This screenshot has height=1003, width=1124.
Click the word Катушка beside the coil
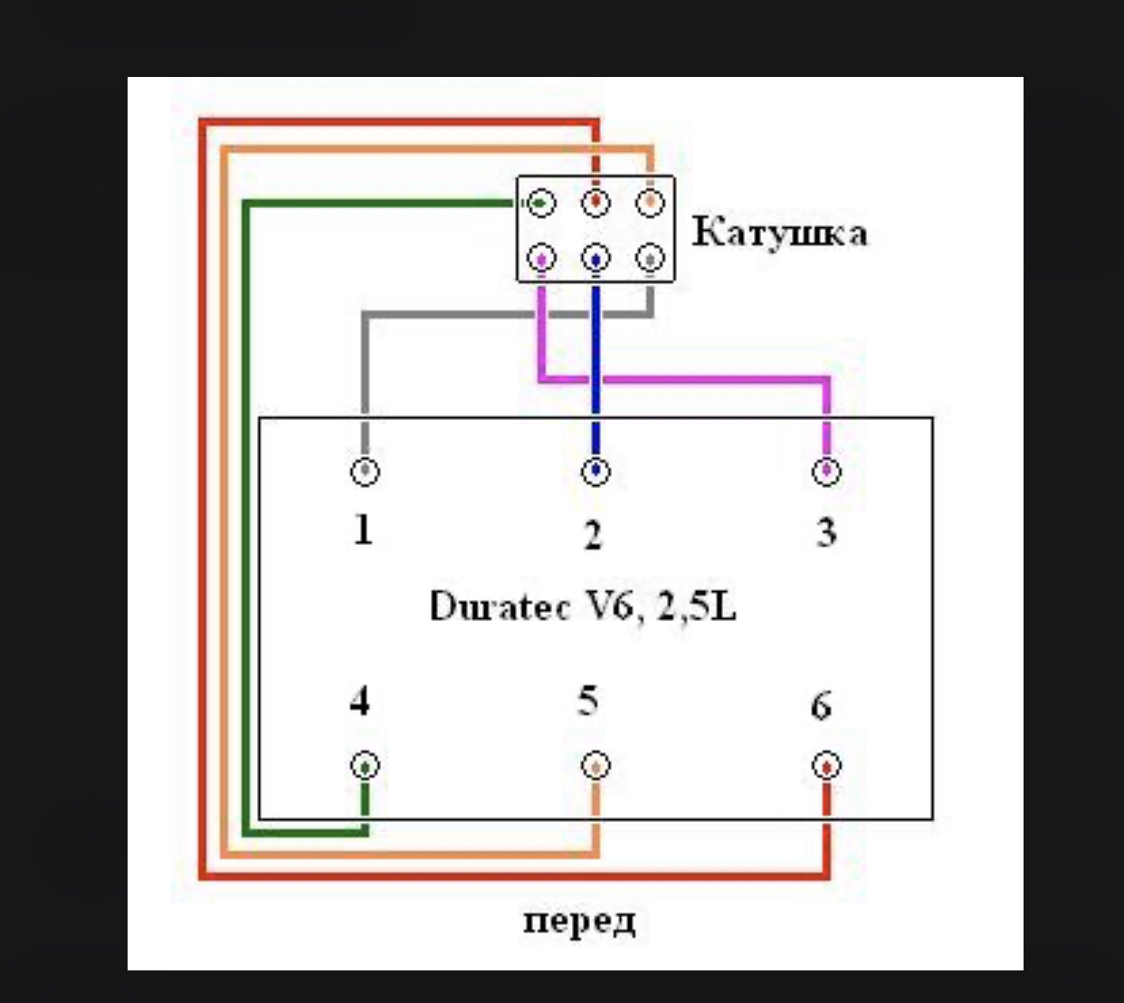[779, 234]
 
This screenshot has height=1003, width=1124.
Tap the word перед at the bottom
[579, 922]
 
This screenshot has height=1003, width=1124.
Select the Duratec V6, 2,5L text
[583, 606]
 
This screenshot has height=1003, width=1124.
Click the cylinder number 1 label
[363, 529]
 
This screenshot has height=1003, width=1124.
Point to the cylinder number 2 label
[593, 535]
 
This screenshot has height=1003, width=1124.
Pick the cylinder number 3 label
[825, 532]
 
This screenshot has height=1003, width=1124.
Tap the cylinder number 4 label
[360, 702]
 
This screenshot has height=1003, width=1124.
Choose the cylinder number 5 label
[588, 702]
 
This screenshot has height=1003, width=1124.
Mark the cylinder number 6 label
[821, 705]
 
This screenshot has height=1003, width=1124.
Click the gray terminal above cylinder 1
[365, 472]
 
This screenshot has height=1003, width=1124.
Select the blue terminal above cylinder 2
[595, 472]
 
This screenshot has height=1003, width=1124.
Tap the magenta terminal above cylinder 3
[826, 472]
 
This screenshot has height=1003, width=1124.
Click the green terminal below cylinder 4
[365, 766]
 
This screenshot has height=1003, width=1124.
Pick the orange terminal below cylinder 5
[595, 766]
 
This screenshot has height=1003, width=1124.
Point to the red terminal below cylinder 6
[826, 766]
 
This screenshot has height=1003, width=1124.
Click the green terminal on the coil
[541, 203]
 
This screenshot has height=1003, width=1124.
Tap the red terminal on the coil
[595, 203]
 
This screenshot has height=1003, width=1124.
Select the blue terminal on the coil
[595, 260]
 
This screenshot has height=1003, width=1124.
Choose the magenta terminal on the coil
[541, 260]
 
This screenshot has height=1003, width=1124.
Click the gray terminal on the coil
[650, 260]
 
